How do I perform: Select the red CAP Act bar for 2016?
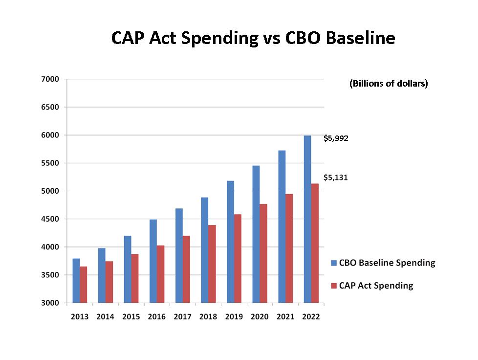click(x=160, y=274)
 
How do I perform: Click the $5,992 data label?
click(x=336, y=138)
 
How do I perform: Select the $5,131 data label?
click(x=336, y=178)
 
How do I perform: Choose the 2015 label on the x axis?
click(x=131, y=317)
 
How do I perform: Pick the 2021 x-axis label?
click(x=285, y=317)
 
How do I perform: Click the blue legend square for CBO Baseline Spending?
click(x=334, y=263)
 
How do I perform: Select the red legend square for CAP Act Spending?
click(x=334, y=286)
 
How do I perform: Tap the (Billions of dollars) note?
click(x=389, y=84)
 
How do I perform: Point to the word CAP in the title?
click(x=129, y=38)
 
